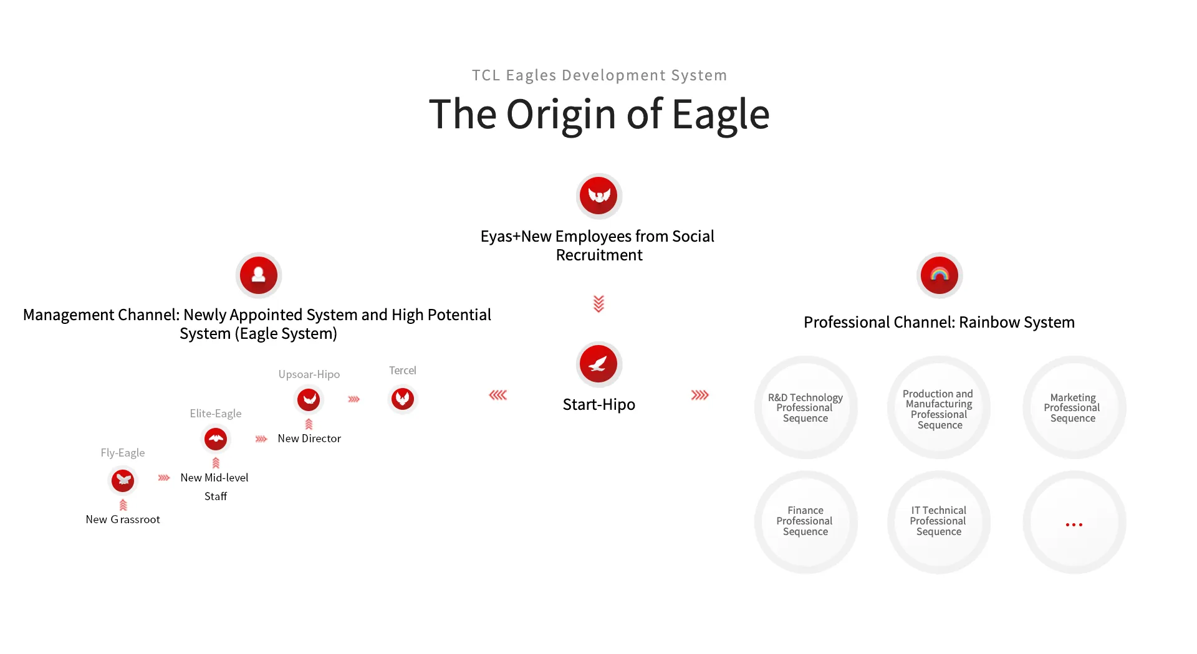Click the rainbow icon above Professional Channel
tap(939, 275)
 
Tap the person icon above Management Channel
tap(258, 275)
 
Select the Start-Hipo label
tap(598, 405)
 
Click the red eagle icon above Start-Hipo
tap(598, 364)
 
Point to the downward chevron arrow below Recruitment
tap(598, 304)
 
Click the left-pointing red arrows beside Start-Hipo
tap(498, 395)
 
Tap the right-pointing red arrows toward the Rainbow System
tap(699, 395)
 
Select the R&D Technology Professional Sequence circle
tap(805, 408)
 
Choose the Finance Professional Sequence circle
tap(805, 521)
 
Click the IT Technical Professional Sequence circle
tap(938, 521)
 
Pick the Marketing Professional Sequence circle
tap(1073, 408)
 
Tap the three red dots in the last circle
tap(1074, 525)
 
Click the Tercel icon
tap(402, 399)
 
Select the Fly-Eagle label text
tap(123, 453)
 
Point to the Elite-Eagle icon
tap(216, 439)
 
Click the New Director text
tap(309, 438)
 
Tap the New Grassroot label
tap(123, 519)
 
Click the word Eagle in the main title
tap(721, 115)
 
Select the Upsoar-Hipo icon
tap(309, 399)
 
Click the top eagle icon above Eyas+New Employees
tap(598, 196)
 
